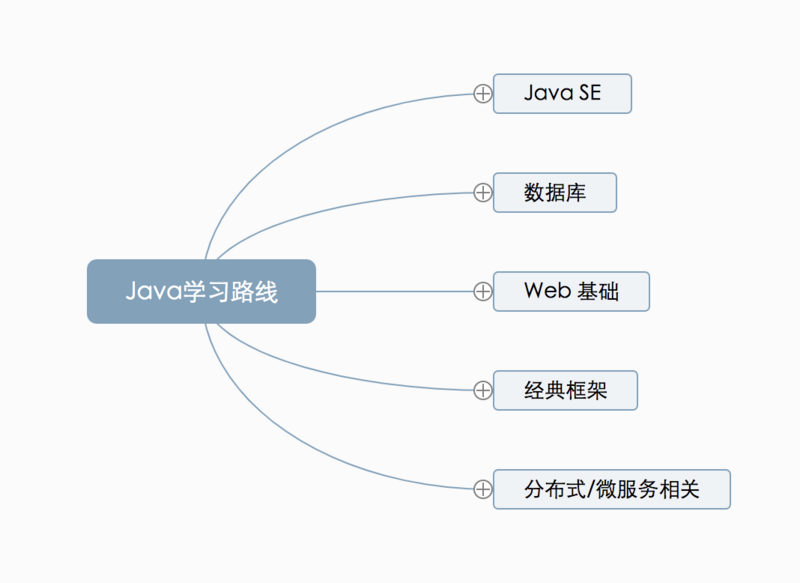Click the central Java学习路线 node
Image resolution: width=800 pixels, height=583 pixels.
coord(201,291)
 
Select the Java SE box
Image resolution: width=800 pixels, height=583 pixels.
coord(562,93)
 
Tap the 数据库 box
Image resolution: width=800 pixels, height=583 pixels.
coord(555,192)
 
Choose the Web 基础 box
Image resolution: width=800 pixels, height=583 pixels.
coord(571,291)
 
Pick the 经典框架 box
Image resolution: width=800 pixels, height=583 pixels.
coord(565,390)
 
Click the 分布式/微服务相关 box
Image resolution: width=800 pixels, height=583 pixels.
coord(611,489)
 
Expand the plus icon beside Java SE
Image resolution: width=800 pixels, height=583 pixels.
coord(483,93)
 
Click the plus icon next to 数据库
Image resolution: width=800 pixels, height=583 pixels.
coord(483,192)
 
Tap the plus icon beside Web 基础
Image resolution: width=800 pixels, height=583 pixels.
coord(483,291)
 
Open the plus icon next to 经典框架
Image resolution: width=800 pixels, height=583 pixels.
coord(483,390)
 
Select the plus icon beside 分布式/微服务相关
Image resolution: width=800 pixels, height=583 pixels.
coord(483,489)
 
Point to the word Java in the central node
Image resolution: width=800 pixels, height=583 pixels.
coord(150,292)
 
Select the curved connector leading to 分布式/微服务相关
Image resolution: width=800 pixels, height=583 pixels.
coord(300,454)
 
